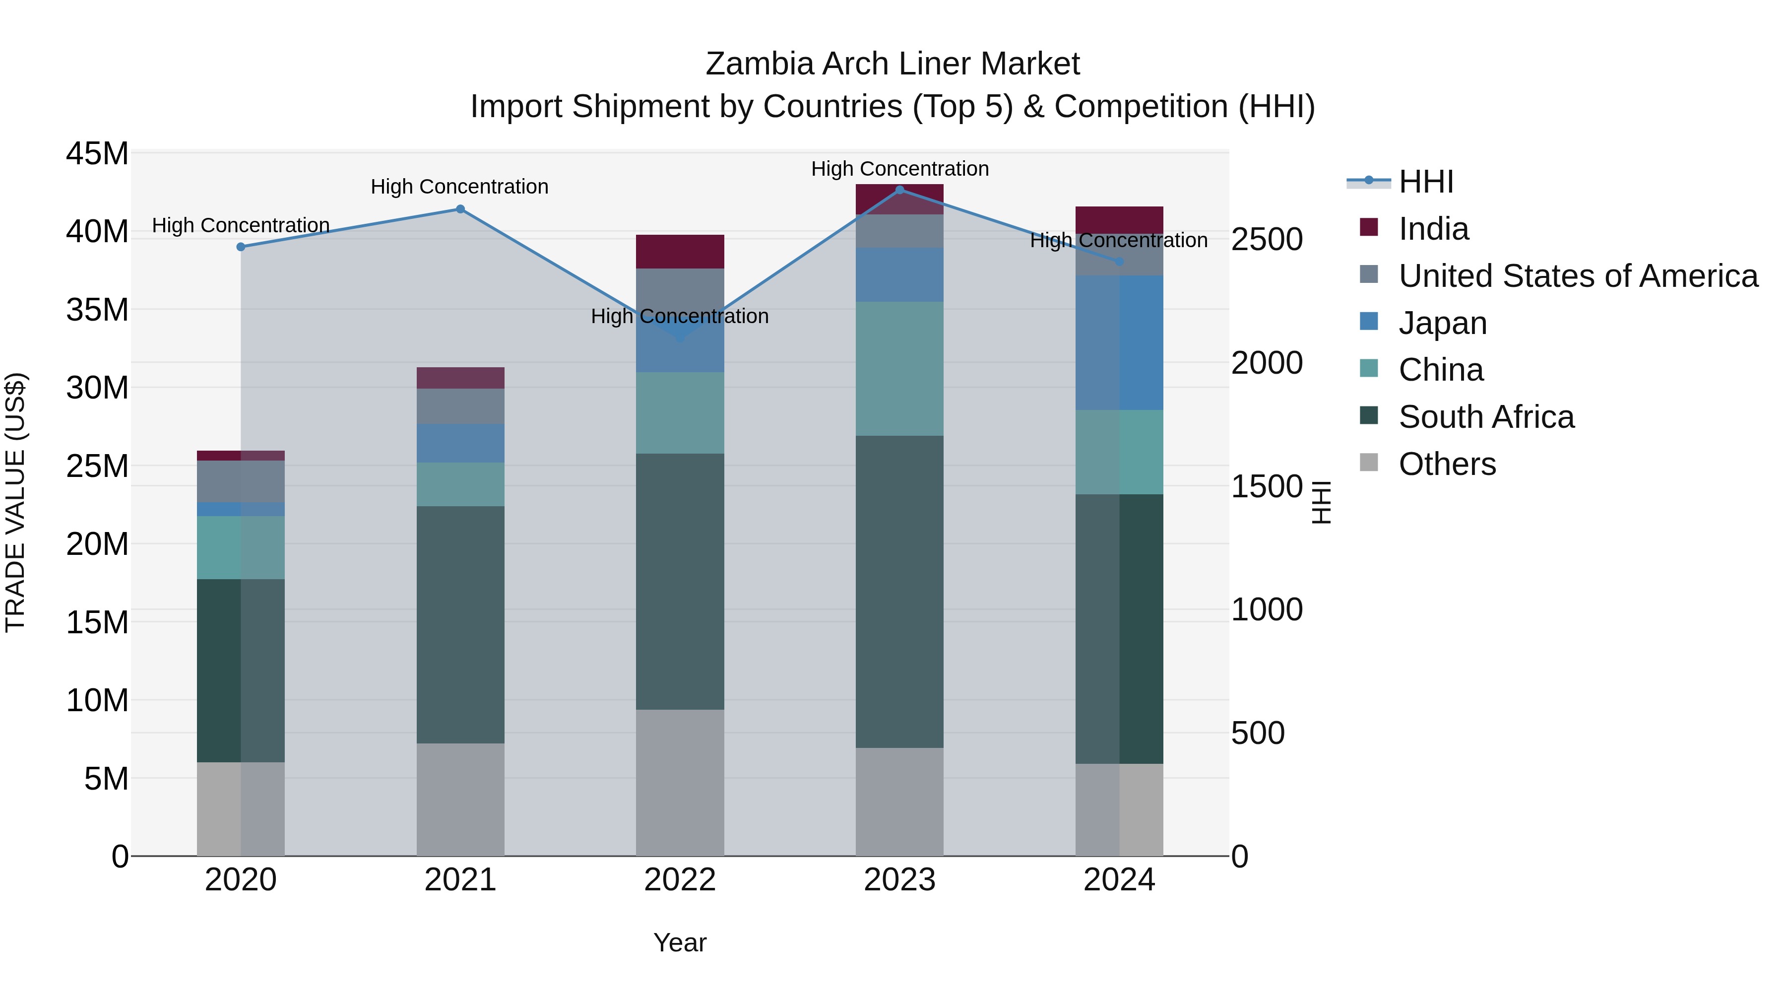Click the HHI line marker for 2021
(x=460, y=209)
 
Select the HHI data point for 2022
(x=680, y=338)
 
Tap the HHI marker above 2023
(x=899, y=190)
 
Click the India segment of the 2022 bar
(x=680, y=251)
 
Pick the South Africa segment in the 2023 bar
(x=899, y=591)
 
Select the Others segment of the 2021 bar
(x=460, y=799)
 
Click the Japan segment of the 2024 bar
(x=1119, y=342)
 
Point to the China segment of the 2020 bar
(x=241, y=547)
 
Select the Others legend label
(x=1447, y=464)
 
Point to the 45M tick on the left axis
(x=97, y=153)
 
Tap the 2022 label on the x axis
(x=680, y=880)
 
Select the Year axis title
(x=680, y=942)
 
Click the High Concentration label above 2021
(x=460, y=187)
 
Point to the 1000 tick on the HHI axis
(x=1267, y=609)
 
